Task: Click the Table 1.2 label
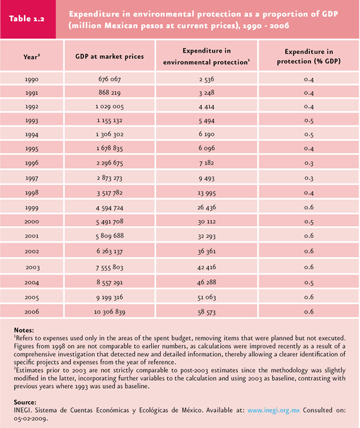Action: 27,19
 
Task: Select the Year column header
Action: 31,57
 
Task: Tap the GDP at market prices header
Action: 109,57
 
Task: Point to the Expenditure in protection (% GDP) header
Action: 309,56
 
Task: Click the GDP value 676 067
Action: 109,79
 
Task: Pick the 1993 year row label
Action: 31,121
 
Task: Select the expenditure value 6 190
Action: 207,134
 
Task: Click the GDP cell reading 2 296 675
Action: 109,163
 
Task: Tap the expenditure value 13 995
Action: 207,193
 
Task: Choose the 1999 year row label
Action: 31,208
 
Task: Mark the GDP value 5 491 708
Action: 109,221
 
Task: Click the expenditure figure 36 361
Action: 207,251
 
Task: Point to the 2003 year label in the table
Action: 33,267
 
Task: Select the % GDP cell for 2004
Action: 309,283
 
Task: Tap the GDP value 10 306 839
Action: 109,312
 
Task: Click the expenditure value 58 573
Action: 207,312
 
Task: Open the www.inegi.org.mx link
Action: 273,410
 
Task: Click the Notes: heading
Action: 24,330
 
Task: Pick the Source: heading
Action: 25,402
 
